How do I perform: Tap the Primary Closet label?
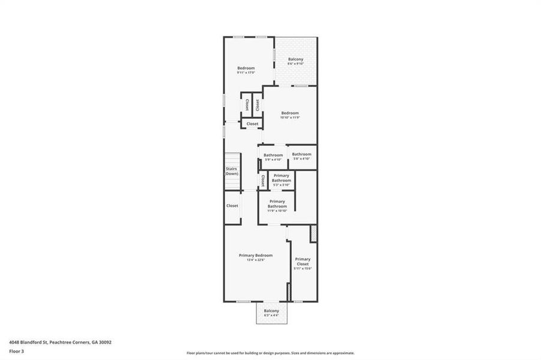(x=303, y=261)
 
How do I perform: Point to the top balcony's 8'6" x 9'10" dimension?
(x=295, y=64)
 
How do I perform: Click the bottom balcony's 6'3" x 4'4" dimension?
(x=271, y=315)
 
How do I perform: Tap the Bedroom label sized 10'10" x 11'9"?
(x=290, y=113)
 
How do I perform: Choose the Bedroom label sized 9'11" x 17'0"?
(x=246, y=68)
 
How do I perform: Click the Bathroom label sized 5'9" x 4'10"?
(x=273, y=155)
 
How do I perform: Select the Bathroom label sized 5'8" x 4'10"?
(x=301, y=154)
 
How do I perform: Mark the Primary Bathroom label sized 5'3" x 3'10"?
(x=281, y=178)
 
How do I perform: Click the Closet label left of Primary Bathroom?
(x=232, y=206)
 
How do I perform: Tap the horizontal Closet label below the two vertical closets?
(x=252, y=124)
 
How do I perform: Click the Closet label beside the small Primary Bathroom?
(x=263, y=180)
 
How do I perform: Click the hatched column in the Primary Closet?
(x=313, y=233)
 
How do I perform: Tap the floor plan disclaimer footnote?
(x=270, y=353)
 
